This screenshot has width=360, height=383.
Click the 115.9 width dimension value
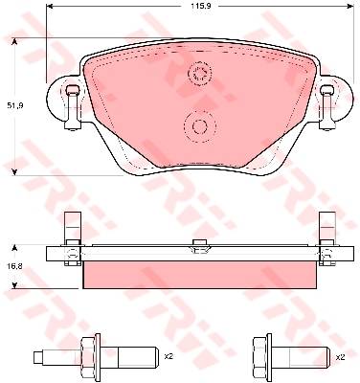pyautogui.click(x=197, y=6)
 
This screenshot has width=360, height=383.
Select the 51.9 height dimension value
pyautogui.click(x=14, y=105)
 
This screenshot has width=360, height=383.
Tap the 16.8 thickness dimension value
pyautogui.click(x=14, y=266)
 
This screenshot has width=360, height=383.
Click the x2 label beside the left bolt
pyautogui.click(x=169, y=356)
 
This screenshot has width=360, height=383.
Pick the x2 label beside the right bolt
pyautogui.click(x=341, y=358)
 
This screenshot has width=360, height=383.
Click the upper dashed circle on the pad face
pyautogui.click(x=200, y=73)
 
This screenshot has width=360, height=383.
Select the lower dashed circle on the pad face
pyautogui.click(x=200, y=125)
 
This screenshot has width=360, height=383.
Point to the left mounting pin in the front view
pyautogui.click(x=73, y=108)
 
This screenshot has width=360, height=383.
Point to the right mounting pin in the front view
pyautogui.click(x=326, y=108)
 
